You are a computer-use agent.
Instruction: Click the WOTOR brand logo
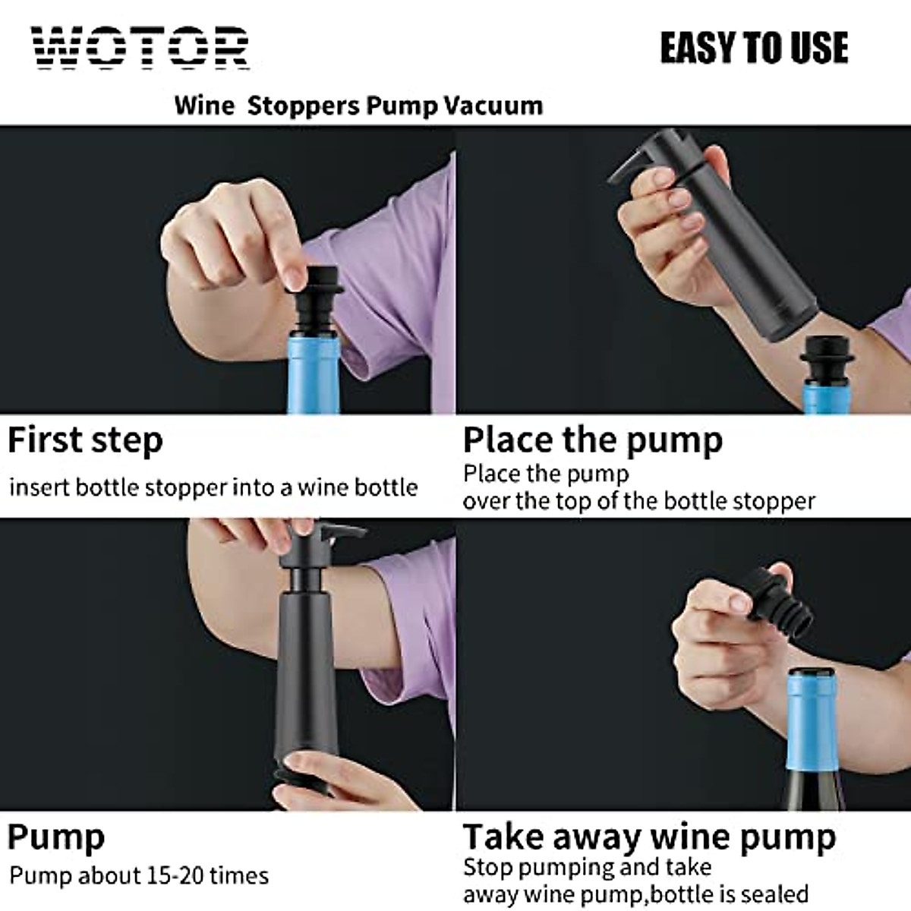140,48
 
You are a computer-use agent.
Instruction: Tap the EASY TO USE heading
754,48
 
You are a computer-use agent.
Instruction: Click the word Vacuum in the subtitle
493,105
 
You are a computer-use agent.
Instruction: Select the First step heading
85,440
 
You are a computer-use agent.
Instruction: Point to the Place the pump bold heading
593,440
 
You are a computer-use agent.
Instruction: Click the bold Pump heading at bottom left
56,837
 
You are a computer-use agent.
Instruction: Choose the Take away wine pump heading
650,837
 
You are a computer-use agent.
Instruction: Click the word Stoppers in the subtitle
304,105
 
